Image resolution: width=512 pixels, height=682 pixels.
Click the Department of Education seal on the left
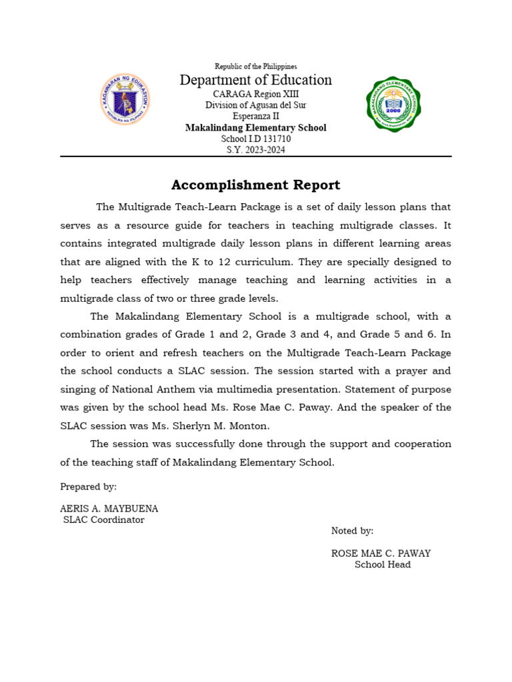(125, 99)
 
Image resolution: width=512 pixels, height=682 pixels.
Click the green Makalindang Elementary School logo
(393, 105)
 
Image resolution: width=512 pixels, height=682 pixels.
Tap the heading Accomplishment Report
(255, 185)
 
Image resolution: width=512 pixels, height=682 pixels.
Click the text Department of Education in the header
(255, 80)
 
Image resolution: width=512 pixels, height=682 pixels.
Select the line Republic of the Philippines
(255, 67)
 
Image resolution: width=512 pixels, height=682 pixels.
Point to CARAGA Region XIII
(255, 94)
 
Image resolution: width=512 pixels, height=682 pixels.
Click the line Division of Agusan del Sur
(255, 105)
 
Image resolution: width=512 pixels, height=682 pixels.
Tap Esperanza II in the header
(255, 117)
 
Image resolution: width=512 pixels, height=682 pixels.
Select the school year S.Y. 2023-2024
(255, 150)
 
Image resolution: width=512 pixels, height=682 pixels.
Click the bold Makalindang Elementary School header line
(255, 128)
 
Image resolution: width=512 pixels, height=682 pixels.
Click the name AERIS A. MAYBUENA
(109, 509)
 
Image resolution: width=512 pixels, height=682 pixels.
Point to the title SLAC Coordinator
(103, 520)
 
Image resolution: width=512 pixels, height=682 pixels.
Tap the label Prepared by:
(89, 487)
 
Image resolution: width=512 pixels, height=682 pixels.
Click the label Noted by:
(352, 531)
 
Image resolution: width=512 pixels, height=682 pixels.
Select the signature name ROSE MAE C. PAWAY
(381, 553)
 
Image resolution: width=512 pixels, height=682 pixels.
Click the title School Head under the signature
(382, 565)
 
